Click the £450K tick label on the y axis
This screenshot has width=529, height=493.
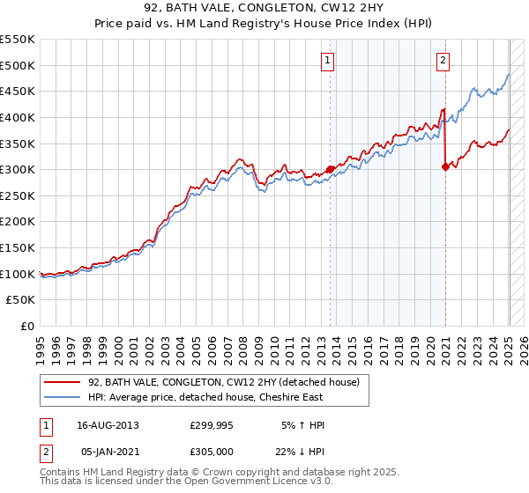click(x=18, y=91)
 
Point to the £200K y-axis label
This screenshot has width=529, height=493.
click(x=18, y=221)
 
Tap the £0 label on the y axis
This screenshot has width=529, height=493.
click(x=27, y=326)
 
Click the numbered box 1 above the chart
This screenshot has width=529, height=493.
click(x=328, y=61)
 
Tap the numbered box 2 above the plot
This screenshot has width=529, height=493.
click(x=443, y=61)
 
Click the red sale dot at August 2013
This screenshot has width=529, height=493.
click(x=331, y=169)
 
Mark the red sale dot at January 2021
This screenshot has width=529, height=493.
click(x=445, y=166)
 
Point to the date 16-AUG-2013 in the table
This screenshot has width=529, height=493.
click(x=108, y=424)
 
